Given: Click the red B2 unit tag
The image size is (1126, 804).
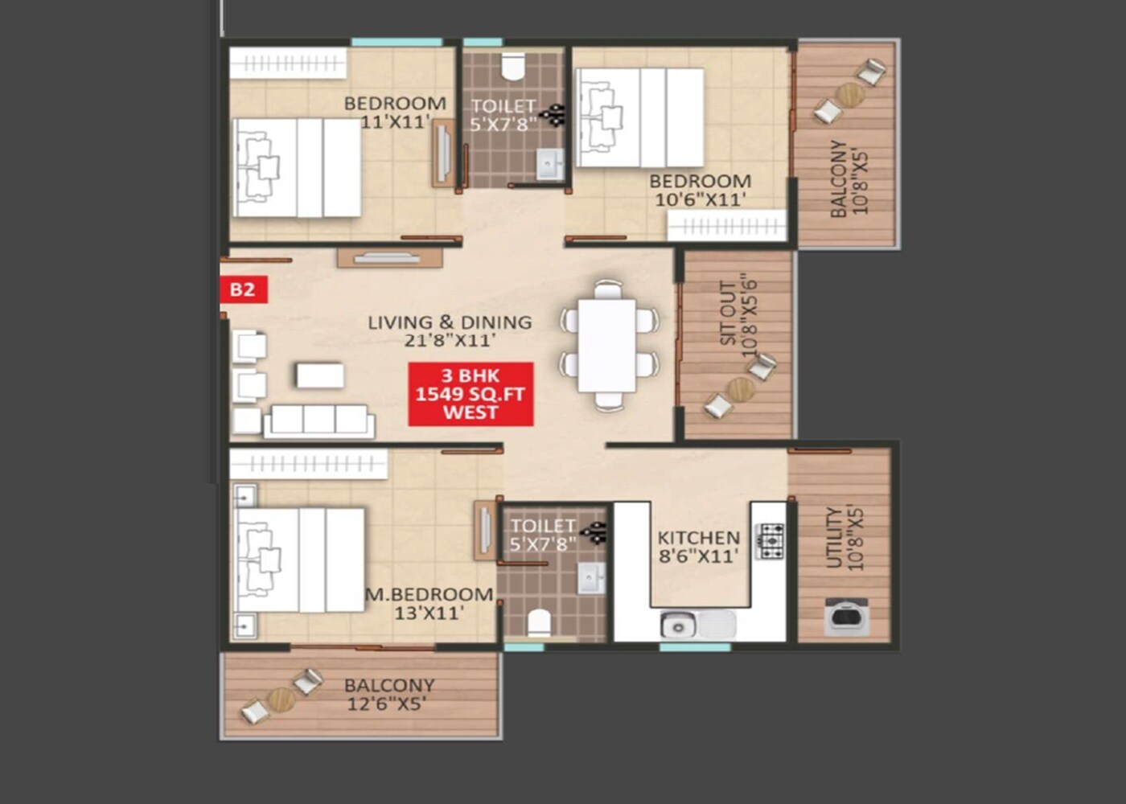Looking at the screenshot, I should tap(243, 289).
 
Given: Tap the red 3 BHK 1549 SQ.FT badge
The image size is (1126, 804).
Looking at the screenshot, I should tap(471, 394).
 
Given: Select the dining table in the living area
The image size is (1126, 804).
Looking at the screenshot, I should tap(607, 345).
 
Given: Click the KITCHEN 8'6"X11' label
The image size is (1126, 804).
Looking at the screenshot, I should tap(698, 547).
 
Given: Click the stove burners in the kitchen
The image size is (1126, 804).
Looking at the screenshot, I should tap(771, 541).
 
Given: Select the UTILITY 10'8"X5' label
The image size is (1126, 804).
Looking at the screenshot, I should tap(844, 538).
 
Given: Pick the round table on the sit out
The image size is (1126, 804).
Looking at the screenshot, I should tap(741, 390).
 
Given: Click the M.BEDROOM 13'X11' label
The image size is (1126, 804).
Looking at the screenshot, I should tap(429, 603).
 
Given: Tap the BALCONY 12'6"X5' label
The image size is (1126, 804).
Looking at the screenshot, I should tap(388, 695).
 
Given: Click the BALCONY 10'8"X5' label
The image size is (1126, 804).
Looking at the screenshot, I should tap(849, 178).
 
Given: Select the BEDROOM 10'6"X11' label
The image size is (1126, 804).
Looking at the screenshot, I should tap(700, 191).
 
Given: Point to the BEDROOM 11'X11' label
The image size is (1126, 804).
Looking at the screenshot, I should tap(394, 113).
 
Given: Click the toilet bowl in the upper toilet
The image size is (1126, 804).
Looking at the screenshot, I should tap(512, 67).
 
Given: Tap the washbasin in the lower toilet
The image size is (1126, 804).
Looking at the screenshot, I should tap(591, 578).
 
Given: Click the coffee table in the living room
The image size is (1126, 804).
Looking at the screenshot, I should tap(319, 375).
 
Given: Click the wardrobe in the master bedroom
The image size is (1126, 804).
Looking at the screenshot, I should tap(308, 464).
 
